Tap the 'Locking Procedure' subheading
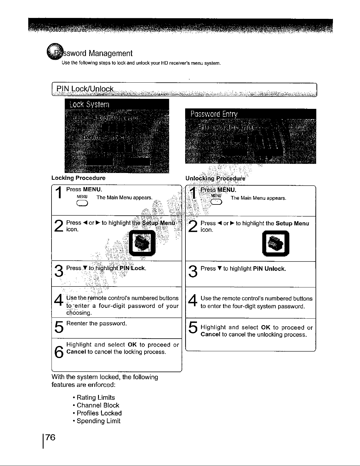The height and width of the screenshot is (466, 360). point(78,178)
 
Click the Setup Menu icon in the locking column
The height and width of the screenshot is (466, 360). point(142,243)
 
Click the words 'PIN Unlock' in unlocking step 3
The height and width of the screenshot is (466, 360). point(269,269)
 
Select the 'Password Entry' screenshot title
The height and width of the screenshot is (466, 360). point(214,114)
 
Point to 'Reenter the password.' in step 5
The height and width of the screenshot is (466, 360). point(97,324)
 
